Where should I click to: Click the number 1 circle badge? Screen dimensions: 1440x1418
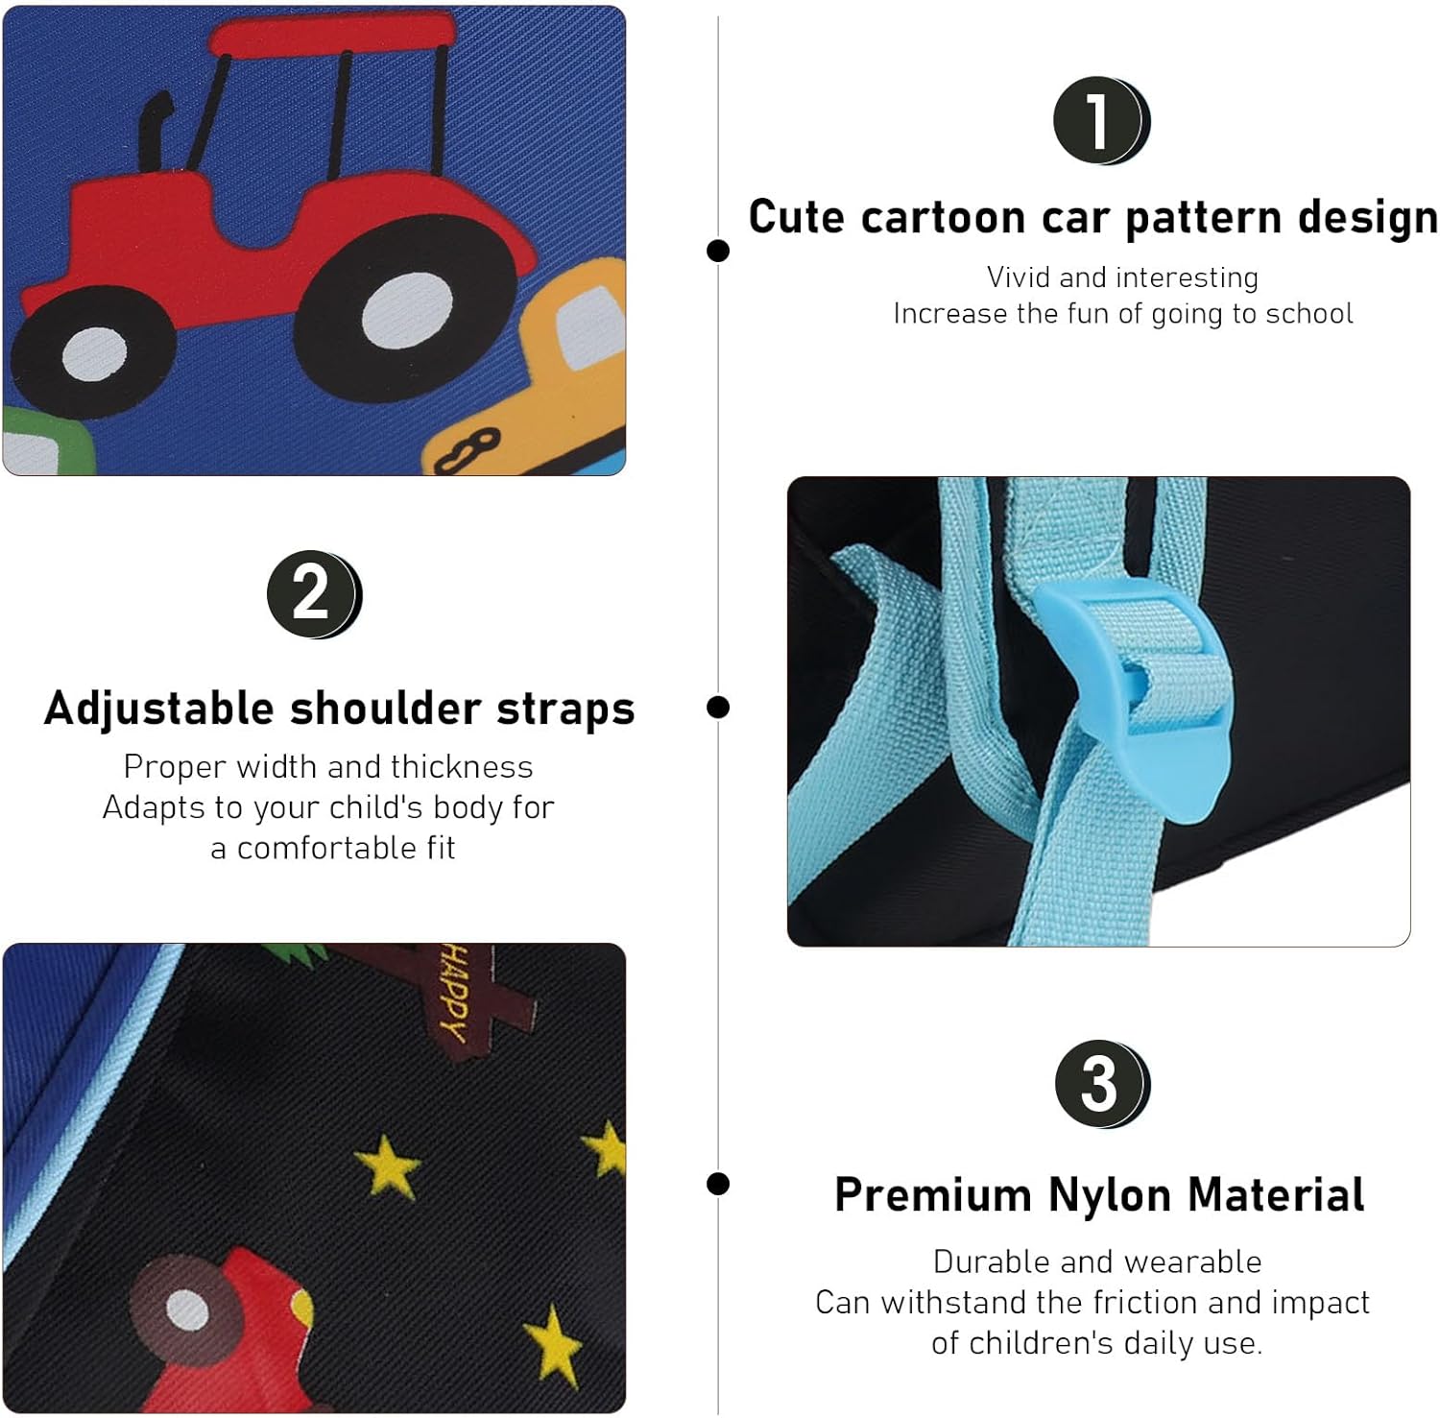pyautogui.click(x=1100, y=121)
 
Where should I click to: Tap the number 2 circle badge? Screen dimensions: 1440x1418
pyautogui.click(x=313, y=594)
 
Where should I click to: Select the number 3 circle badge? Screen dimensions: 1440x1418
pyautogui.click(x=1101, y=1084)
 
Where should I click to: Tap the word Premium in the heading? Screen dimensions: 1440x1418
pyautogui.click(x=933, y=1196)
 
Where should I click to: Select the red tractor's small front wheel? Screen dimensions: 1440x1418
pyautogui.click(x=93, y=353)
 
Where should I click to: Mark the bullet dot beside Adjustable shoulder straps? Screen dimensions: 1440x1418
pyautogui.click(x=717, y=708)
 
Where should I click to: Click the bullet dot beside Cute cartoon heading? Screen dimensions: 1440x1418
pyautogui.click(x=717, y=251)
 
